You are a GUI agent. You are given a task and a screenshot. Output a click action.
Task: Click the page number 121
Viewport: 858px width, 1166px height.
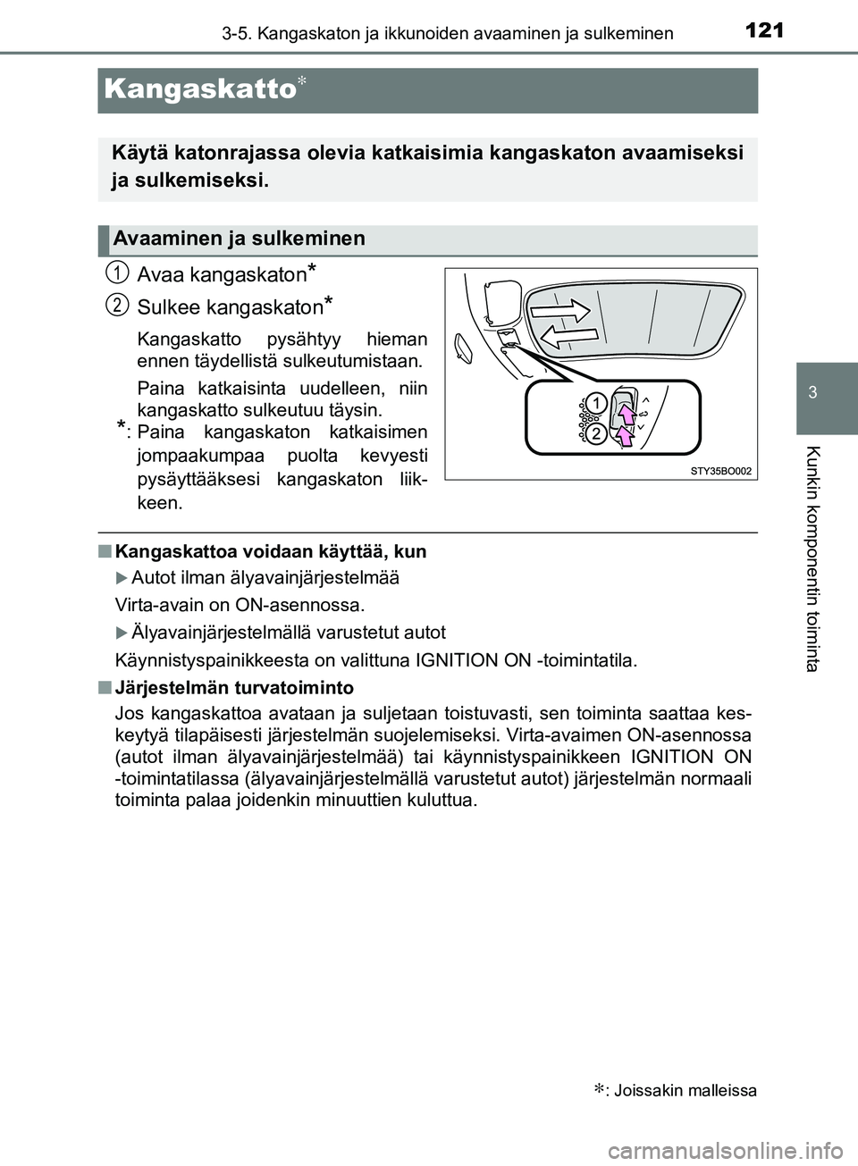(x=763, y=30)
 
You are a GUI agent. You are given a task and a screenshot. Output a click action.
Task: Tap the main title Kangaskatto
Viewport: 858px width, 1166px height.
(x=199, y=90)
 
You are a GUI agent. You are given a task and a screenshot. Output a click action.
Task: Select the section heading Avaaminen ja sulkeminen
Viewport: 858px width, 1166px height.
(x=240, y=239)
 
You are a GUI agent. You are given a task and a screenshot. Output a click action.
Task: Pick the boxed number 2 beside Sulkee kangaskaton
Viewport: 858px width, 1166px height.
(x=118, y=305)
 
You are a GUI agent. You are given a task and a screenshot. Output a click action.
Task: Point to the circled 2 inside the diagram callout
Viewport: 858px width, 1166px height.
(x=596, y=433)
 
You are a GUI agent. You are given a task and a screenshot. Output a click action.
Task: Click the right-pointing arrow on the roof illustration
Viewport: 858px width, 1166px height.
(x=559, y=311)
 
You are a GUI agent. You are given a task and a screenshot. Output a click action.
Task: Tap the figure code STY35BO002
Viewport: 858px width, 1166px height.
(x=720, y=470)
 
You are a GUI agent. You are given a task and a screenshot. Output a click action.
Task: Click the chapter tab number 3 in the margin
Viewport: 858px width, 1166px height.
(x=812, y=394)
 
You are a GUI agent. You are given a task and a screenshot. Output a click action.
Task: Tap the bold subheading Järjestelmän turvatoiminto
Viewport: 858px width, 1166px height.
(x=234, y=687)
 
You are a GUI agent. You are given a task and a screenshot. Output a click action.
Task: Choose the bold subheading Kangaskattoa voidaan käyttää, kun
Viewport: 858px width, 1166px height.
(x=271, y=551)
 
